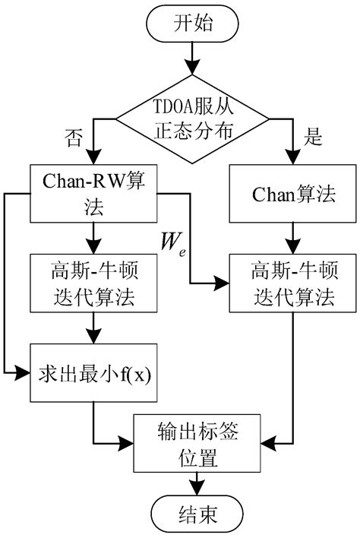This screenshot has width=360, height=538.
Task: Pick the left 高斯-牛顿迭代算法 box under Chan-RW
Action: [92, 283]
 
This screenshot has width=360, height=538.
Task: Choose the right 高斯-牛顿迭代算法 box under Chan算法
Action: [292, 283]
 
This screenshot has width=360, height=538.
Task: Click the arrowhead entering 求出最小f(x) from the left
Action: [23, 373]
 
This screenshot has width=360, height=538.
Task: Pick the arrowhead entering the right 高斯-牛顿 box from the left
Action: [225, 283]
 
